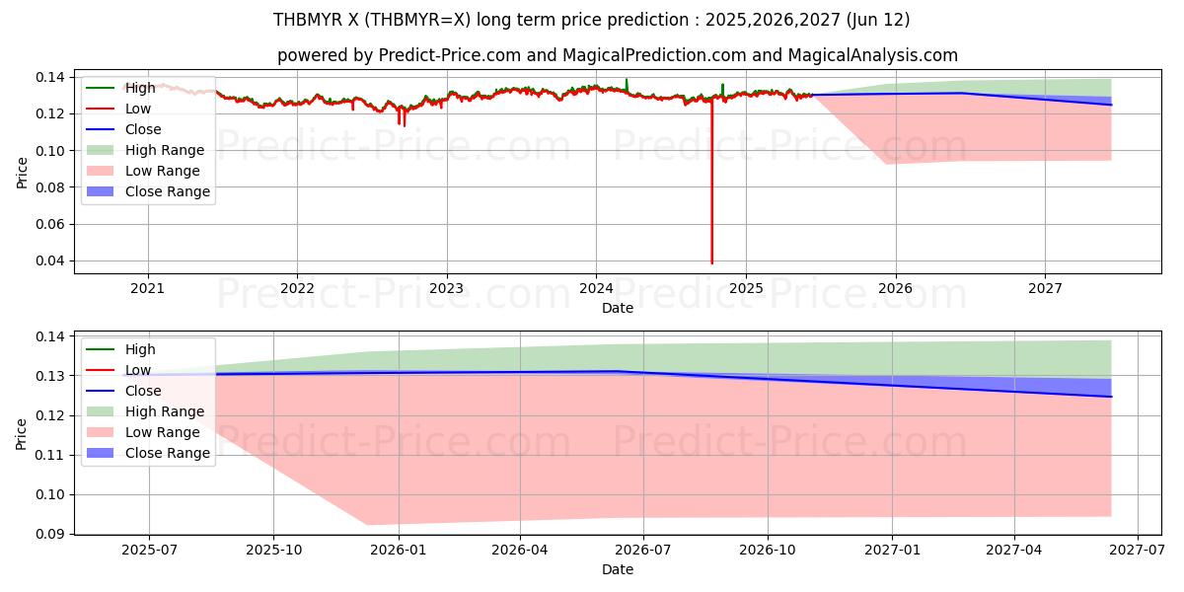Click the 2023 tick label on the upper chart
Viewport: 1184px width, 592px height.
click(446, 289)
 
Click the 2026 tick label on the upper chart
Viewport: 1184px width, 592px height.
click(895, 289)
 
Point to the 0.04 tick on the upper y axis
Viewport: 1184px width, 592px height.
click(51, 261)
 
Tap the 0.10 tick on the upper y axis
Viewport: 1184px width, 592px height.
click(51, 151)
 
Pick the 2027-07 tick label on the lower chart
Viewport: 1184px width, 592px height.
click(1138, 550)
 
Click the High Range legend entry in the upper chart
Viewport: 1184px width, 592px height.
click(164, 150)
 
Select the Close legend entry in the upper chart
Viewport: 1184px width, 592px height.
click(143, 129)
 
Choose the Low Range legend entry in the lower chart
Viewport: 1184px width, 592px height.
click(162, 432)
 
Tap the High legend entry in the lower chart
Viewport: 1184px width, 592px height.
click(139, 349)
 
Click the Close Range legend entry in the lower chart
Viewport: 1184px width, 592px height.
click(167, 453)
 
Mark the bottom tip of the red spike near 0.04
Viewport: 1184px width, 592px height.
click(712, 263)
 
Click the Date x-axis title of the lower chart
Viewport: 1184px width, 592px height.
click(618, 569)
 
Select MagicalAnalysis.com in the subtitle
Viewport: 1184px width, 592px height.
click(867, 55)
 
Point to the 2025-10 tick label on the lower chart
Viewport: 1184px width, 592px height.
click(273, 550)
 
